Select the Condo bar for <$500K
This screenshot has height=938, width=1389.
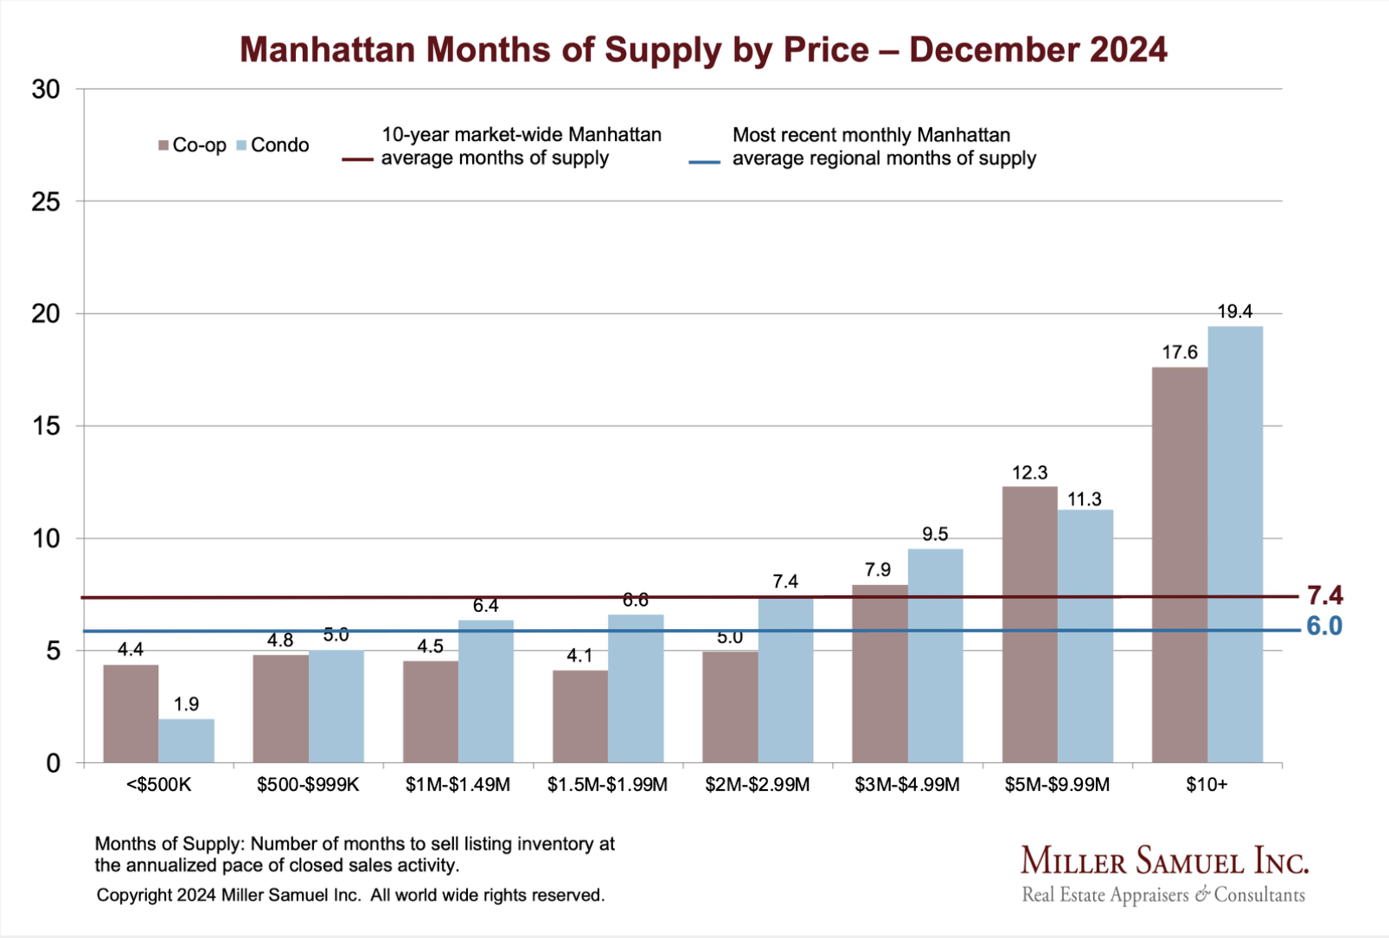pyautogui.click(x=186, y=741)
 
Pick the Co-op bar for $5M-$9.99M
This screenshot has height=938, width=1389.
pyautogui.click(x=1029, y=625)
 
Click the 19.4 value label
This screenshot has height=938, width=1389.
pyautogui.click(x=1235, y=312)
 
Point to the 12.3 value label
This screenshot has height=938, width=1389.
pyautogui.click(x=1029, y=472)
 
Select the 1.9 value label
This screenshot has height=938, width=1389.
pyautogui.click(x=186, y=704)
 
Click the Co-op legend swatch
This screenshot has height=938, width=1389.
pyautogui.click(x=163, y=145)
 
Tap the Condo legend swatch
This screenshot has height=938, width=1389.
pyautogui.click(x=241, y=145)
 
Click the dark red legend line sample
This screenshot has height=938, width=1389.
pyautogui.click(x=357, y=159)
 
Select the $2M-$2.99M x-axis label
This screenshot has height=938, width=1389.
pyautogui.click(x=758, y=785)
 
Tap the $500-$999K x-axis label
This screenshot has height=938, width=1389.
pyautogui.click(x=308, y=785)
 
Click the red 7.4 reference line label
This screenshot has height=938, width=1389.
pyautogui.click(x=1324, y=595)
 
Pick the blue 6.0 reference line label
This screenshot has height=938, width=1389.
pyautogui.click(x=1324, y=626)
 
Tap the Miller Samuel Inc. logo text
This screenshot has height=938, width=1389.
pyautogui.click(x=1164, y=862)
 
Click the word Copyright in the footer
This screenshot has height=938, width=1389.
pyautogui.click(x=134, y=895)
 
